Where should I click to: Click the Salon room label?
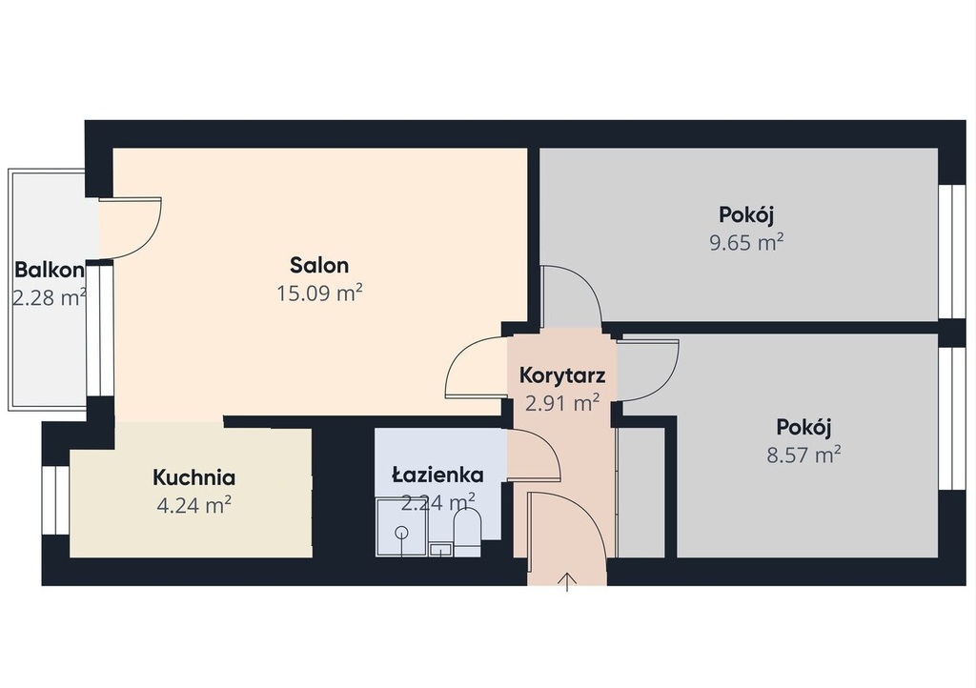coord(319,265)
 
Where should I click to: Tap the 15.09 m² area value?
coord(319,293)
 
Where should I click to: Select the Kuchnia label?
coord(194,477)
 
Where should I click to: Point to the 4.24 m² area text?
coord(194,505)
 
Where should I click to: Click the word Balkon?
coord(50,270)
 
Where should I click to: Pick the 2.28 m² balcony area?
coord(50,297)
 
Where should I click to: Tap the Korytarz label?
coord(562,375)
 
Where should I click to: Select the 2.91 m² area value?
coord(562,403)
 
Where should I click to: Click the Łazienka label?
coord(437,475)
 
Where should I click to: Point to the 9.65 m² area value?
coord(746,241)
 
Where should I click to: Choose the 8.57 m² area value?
coord(803,455)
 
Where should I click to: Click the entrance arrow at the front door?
coord(567,582)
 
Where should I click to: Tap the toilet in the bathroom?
coord(467,533)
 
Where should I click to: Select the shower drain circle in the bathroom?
coord(401,533)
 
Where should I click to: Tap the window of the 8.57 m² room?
coord(950,418)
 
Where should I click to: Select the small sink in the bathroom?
coord(440,550)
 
